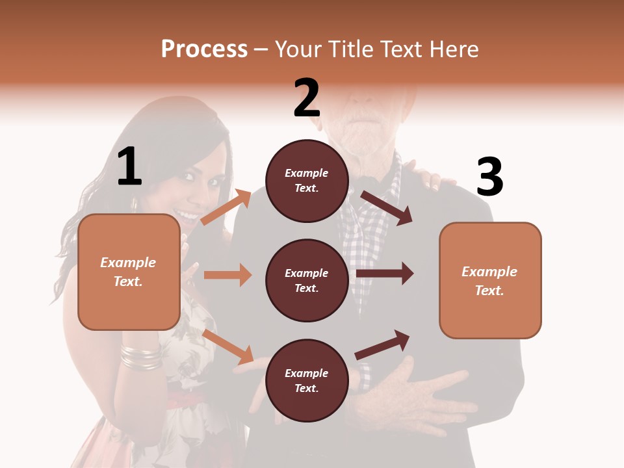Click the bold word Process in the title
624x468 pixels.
pyautogui.click(x=204, y=49)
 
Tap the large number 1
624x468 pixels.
pyautogui.click(x=129, y=166)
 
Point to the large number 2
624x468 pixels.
pyautogui.click(x=307, y=98)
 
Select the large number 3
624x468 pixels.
pyautogui.click(x=489, y=177)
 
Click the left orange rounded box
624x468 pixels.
pyautogui.click(x=129, y=272)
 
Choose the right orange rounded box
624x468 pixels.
pyautogui.click(x=490, y=280)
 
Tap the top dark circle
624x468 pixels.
pyautogui.click(x=307, y=181)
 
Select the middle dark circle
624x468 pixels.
pyautogui.click(x=307, y=280)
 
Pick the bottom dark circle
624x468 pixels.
pyautogui.click(x=307, y=380)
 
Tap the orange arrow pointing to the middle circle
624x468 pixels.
pyautogui.click(x=227, y=275)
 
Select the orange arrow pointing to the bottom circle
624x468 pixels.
pyautogui.click(x=227, y=346)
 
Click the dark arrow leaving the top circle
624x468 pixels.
pyautogui.click(x=387, y=208)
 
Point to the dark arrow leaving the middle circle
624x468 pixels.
pyautogui.click(x=384, y=274)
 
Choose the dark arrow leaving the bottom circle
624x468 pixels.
pyautogui.click(x=382, y=345)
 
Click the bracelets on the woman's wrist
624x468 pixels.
pyautogui.click(x=140, y=357)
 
